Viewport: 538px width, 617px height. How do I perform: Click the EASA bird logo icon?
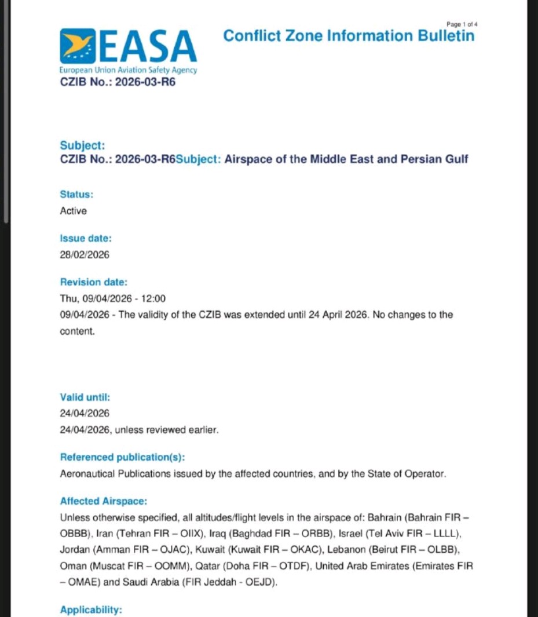click(78, 46)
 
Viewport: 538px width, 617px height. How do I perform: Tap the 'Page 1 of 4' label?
click(462, 24)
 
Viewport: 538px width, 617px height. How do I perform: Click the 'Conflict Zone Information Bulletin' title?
click(349, 36)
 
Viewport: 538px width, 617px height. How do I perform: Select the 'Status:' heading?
click(76, 195)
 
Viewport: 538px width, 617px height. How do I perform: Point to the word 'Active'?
click(73, 211)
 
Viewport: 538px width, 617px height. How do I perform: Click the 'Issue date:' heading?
click(86, 238)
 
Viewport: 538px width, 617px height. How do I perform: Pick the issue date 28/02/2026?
click(85, 254)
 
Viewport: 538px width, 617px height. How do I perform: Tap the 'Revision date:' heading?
click(93, 282)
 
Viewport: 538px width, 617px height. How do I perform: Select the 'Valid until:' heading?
click(85, 397)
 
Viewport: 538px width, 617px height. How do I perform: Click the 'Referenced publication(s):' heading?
click(122, 457)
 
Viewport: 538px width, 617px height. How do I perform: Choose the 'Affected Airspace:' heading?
click(103, 501)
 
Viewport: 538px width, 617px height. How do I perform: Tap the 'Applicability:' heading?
click(91, 610)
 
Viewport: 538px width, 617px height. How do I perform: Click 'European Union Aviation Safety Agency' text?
click(128, 70)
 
